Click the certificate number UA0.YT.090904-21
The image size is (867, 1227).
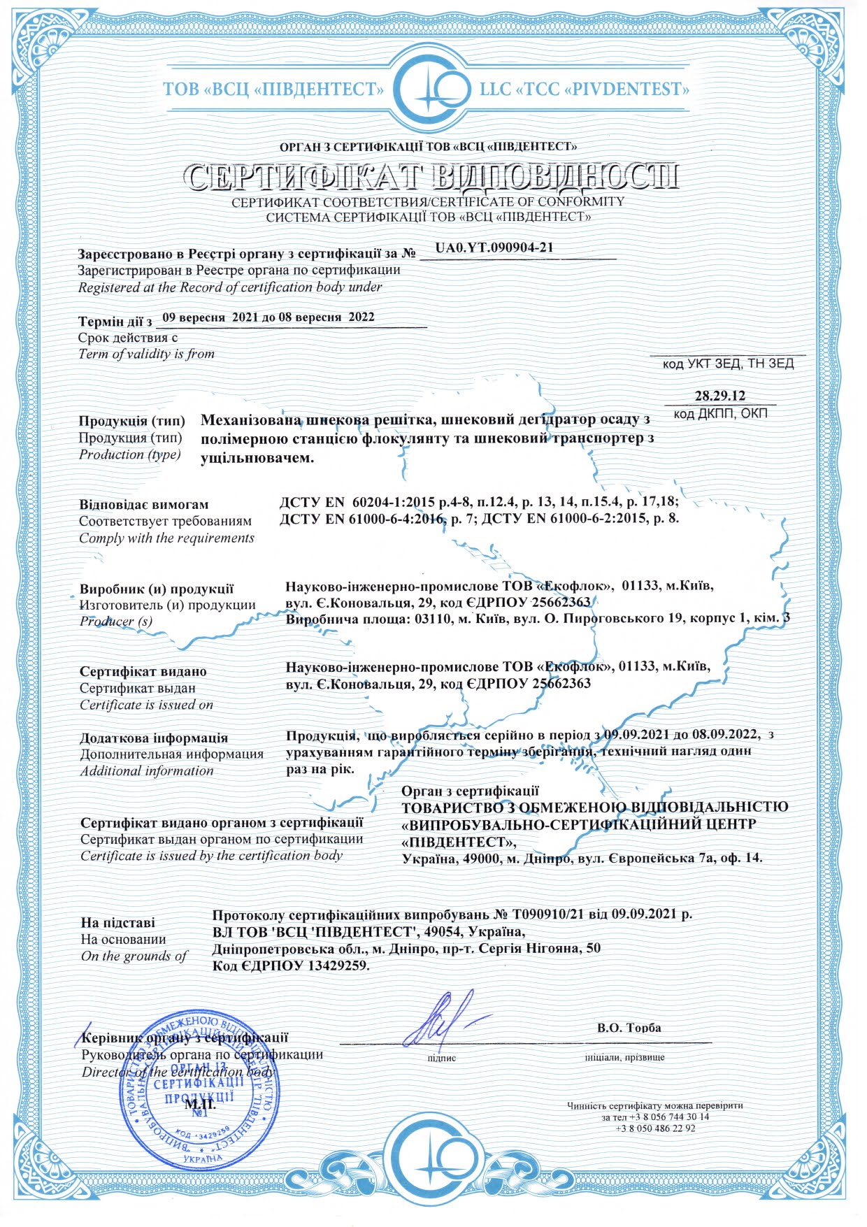[x=494, y=247]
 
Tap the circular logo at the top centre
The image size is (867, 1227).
[x=431, y=88]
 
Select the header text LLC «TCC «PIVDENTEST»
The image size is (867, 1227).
[x=585, y=89]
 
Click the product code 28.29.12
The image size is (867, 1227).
[x=719, y=396]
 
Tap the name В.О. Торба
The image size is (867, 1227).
[x=629, y=1028]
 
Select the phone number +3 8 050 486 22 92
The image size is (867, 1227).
[x=655, y=1128]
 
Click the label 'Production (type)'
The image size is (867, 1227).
[x=130, y=454]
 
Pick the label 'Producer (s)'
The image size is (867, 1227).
[x=115, y=621]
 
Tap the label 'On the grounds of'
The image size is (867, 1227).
[x=134, y=956]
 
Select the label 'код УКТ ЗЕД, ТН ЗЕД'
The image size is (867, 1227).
[x=728, y=364]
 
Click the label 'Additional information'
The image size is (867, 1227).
[x=147, y=770]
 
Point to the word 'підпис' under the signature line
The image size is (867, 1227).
[x=441, y=1058]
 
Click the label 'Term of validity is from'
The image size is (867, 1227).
[x=146, y=354]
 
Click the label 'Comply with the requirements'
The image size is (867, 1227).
[x=166, y=538]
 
